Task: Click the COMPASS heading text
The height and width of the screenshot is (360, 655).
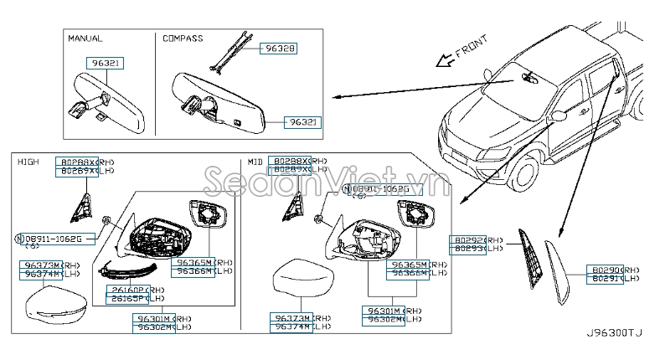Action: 182,39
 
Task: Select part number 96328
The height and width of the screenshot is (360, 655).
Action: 281,49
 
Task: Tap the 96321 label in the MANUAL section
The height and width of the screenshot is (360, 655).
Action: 101,63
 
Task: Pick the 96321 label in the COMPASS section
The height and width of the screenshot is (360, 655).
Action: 305,122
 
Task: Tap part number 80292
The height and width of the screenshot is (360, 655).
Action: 467,239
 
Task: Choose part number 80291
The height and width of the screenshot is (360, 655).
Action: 585,279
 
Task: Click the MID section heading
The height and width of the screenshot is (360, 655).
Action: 255,161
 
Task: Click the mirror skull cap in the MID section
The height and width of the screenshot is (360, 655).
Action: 302,275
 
